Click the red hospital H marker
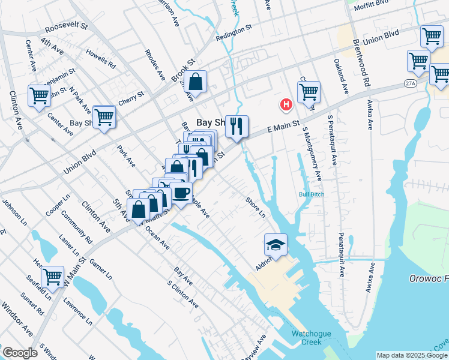point(286,105)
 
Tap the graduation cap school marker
point(276,244)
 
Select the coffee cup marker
point(181,193)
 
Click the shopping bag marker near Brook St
point(196,81)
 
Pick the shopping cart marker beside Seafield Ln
point(53,277)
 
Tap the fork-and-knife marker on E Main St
point(237,126)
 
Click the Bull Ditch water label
point(311,194)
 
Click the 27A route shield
point(410,82)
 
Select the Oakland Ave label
point(341,76)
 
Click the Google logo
point(19,353)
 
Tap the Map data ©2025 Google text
point(412,355)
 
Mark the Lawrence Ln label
point(80,313)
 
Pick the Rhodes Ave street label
point(155,65)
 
